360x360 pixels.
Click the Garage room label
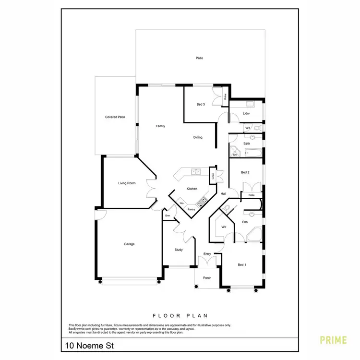129,244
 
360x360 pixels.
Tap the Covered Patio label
115,117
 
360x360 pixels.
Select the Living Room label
127,183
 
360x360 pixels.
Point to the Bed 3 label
201,104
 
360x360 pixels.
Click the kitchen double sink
195,171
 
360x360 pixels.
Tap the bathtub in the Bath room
252,153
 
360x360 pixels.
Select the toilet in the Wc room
257,128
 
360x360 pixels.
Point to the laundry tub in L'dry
250,104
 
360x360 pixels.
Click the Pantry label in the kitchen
191,209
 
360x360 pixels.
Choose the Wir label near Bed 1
224,227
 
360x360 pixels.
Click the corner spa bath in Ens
253,235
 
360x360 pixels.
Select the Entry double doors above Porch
207,262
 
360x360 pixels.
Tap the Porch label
207,278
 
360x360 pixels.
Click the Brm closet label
168,216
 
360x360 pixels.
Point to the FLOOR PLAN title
180,316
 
